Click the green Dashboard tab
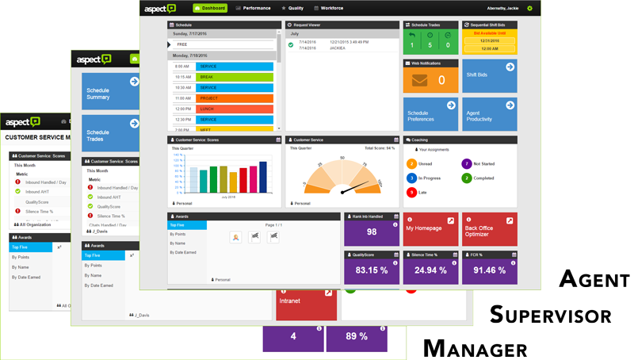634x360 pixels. pyautogui.click(x=210, y=8)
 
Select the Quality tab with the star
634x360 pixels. pyautogui.click(x=292, y=8)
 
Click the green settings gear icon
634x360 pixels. pyautogui.click(x=529, y=8)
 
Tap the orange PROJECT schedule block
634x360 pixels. pyautogui.click(x=235, y=98)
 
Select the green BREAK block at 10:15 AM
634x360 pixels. pyautogui.click(x=235, y=77)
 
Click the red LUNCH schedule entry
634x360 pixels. pyautogui.click(x=235, y=109)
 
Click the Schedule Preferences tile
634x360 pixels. pyautogui.click(x=430, y=115)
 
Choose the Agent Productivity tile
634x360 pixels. pyautogui.click(x=489, y=115)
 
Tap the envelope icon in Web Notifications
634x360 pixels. pyautogui.click(x=419, y=80)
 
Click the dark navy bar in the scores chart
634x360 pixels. pyautogui.click(x=263, y=177)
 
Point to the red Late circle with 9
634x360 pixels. pyautogui.click(x=412, y=193)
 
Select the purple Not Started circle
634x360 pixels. pyautogui.click(x=466, y=164)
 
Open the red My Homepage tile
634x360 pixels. pyautogui.click(x=430, y=229)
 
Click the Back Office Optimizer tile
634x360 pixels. pyautogui.click(x=489, y=229)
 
